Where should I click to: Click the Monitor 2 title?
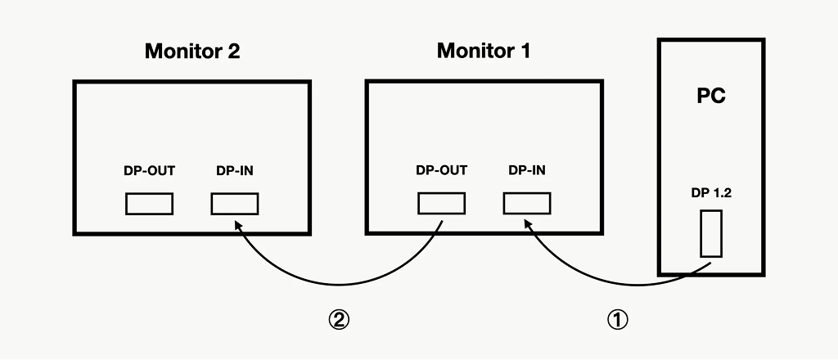[192, 52]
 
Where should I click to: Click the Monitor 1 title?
[484, 52]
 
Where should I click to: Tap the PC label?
[711, 96]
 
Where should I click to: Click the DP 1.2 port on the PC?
[711, 233]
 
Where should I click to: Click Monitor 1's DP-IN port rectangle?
[526, 203]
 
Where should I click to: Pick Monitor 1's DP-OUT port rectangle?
[441, 203]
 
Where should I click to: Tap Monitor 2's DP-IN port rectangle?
[235, 203]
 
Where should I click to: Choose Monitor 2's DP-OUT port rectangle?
[149, 203]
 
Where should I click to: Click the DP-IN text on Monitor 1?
[527, 171]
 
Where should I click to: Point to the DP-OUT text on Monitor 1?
[441, 171]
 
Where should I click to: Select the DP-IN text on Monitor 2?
[235, 171]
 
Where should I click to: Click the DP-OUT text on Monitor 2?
[149, 171]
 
